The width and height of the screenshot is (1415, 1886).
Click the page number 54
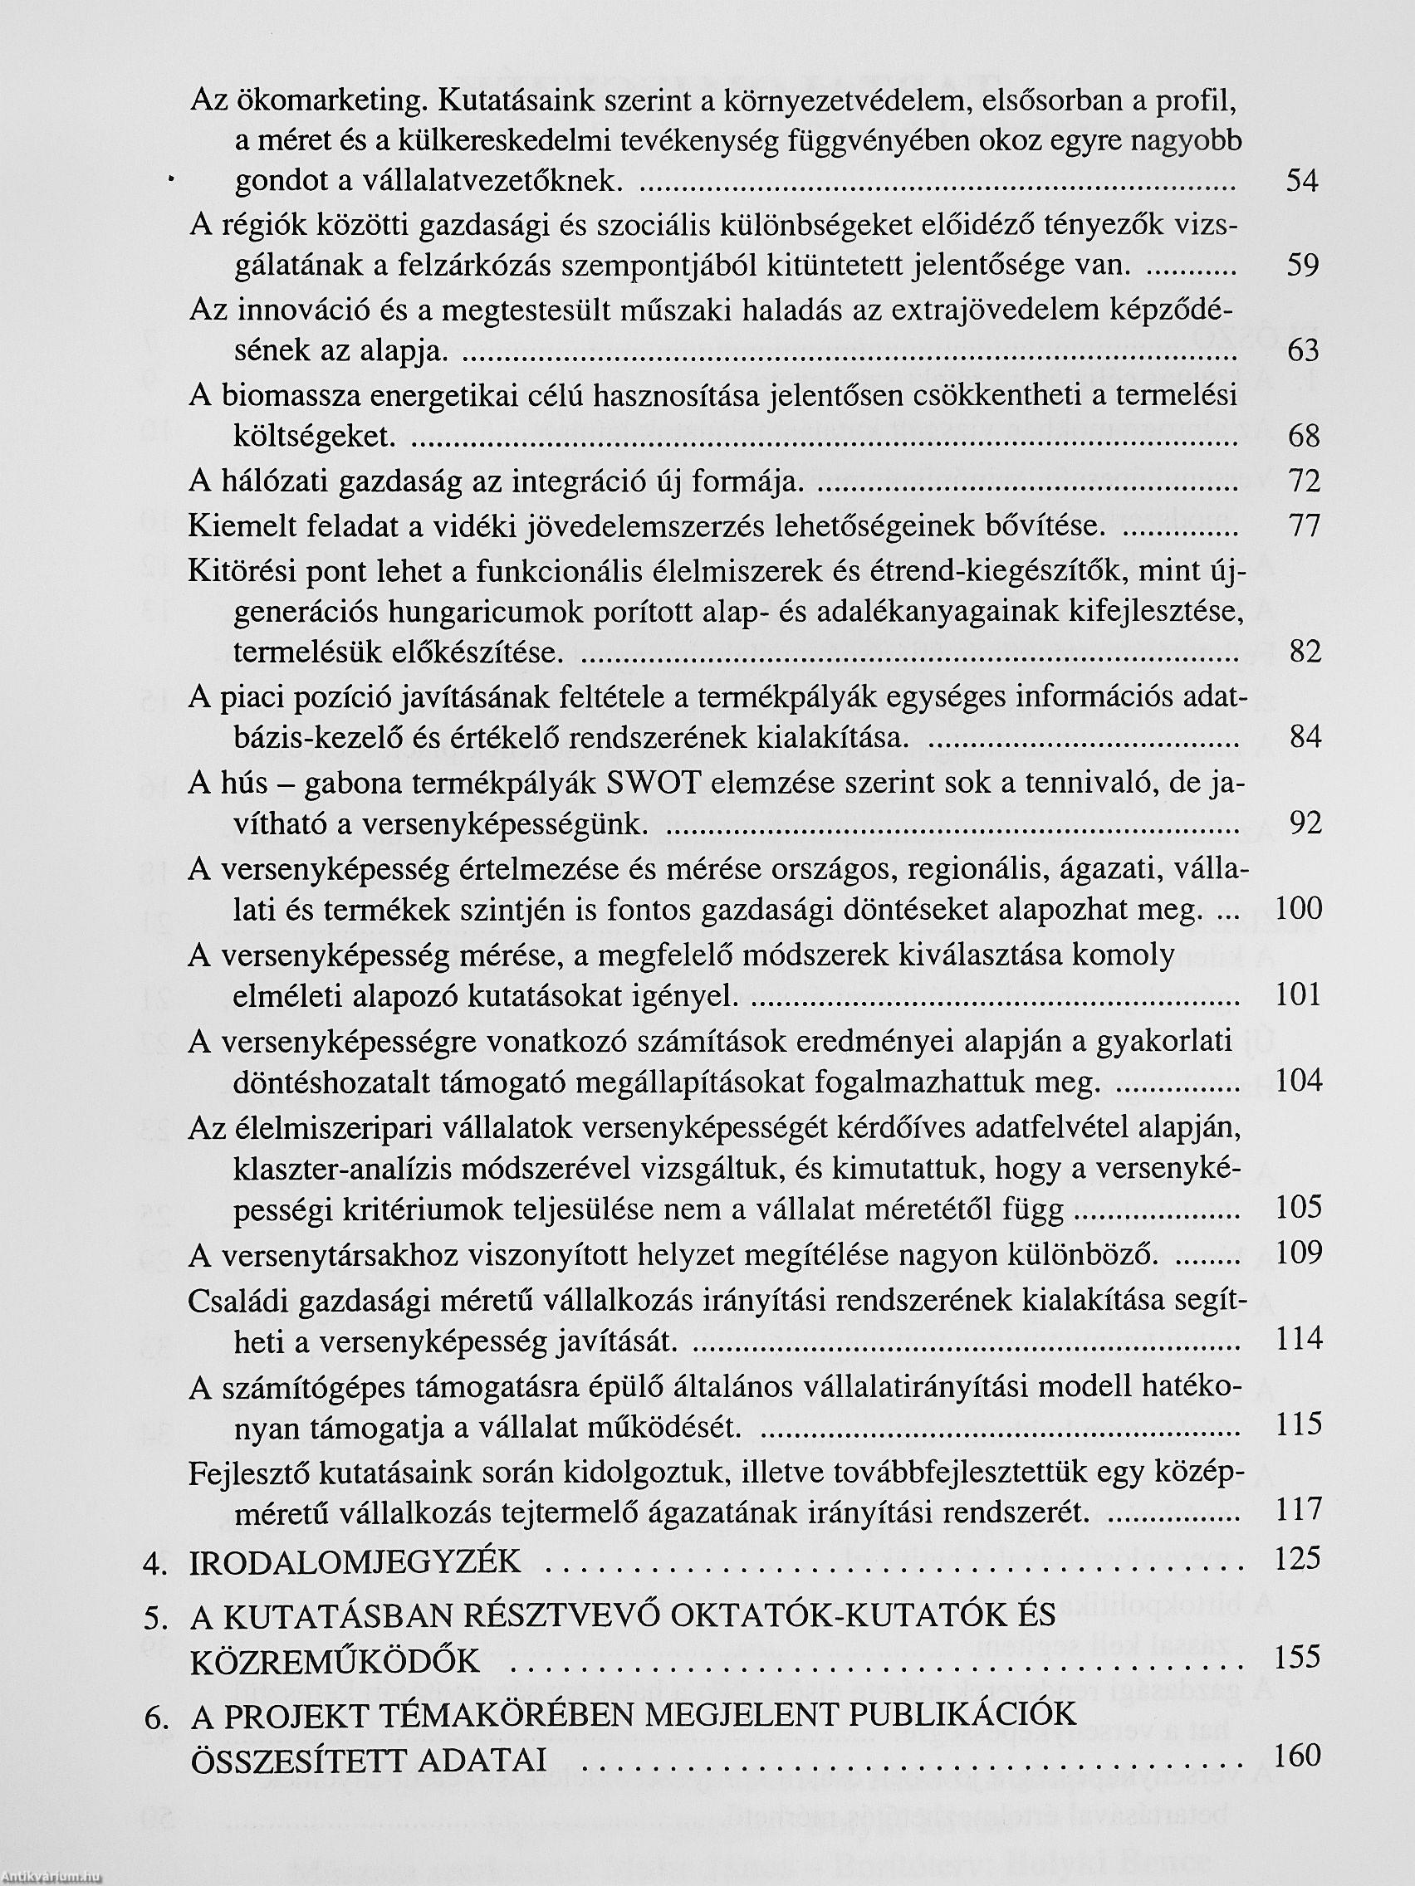tap(1302, 181)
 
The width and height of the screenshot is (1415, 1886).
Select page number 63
tap(1302, 350)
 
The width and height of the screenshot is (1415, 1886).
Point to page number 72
tap(1302, 481)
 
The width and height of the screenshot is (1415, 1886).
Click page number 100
tap(1297, 909)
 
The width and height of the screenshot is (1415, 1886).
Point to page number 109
tap(1297, 1253)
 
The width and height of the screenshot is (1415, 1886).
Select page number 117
tap(1297, 1510)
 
